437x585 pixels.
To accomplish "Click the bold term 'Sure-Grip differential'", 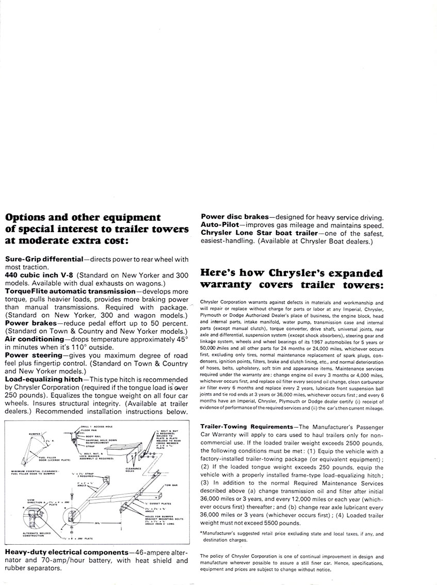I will (x=44, y=259).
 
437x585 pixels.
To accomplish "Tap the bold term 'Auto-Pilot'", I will (x=220, y=225).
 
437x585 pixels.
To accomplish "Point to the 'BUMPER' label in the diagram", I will (x=35, y=434).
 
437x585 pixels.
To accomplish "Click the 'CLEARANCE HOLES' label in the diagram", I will (x=133, y=455).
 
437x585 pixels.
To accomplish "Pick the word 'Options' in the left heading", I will (x=27, y=217).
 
